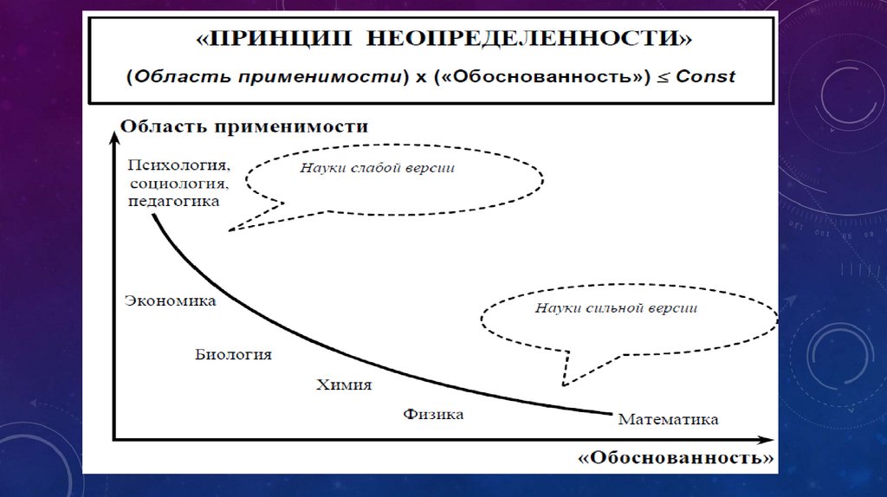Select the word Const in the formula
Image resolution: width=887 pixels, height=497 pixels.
706,76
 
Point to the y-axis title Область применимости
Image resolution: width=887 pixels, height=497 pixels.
244,126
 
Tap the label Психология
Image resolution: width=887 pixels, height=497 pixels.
178,165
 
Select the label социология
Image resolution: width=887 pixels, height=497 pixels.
180,183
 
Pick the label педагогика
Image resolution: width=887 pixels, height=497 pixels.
174,200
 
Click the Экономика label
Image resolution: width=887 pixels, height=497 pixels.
170,300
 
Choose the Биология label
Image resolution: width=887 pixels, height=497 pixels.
233,354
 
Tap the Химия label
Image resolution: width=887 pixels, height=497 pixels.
344,385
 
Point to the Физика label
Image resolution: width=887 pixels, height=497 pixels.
433,414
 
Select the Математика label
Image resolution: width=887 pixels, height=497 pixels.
668,420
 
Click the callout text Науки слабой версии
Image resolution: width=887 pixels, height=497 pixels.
378,168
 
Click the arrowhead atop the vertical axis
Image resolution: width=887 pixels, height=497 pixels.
114,132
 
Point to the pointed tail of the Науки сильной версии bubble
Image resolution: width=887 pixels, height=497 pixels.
564,384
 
